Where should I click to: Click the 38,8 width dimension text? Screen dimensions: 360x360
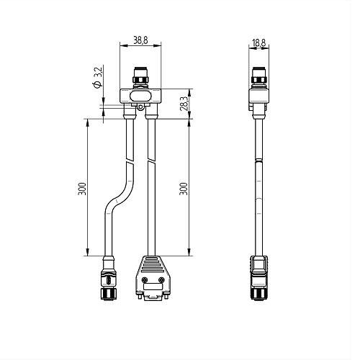140,40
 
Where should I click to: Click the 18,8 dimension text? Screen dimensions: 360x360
259,43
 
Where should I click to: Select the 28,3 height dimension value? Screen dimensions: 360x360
184,104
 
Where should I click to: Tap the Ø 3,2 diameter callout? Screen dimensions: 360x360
98,78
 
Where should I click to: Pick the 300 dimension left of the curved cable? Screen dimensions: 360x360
82,189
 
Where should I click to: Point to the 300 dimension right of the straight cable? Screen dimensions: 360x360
184,189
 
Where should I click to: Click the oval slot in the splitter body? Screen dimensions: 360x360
140,96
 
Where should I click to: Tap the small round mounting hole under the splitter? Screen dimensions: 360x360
140,107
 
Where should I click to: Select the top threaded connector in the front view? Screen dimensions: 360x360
140,76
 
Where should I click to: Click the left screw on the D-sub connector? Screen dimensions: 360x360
144,279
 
